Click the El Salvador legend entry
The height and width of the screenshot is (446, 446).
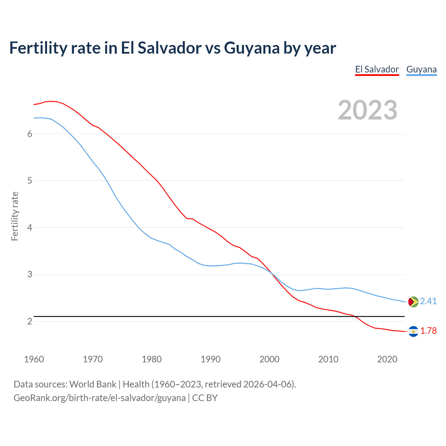(x=377, y=69)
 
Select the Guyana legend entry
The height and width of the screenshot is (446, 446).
(x=421, y=69)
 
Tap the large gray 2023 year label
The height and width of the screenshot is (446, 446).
(x=367, y=110)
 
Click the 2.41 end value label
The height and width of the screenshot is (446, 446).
(x=428, y=301)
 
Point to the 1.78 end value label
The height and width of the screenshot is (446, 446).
(x=428, y=331)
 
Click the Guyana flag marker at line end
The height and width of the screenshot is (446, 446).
(x=413, y=301)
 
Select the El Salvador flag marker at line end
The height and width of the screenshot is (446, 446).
(x=413, y=331)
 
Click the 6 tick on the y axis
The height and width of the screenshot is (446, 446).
(x=30, y=134)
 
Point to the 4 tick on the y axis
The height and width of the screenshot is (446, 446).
(x=30, y=228)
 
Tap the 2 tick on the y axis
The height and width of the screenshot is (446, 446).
(x=30, y=321)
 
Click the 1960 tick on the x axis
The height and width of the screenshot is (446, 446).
(x=34, y=359)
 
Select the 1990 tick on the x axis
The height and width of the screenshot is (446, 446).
(x=210, y=359)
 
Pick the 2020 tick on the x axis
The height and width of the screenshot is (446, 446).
(x=387, y=359)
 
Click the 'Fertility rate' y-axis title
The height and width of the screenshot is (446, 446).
(x=15, y=216)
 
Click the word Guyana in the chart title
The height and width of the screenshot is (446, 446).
(x=252, y=48)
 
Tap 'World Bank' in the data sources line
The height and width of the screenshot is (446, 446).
(x=93, y=384)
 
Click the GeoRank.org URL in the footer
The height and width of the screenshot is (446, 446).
(x=99, y=398)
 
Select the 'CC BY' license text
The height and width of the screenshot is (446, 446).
(x=205, y=398)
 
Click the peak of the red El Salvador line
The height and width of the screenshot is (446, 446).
(x=51, y=101)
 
